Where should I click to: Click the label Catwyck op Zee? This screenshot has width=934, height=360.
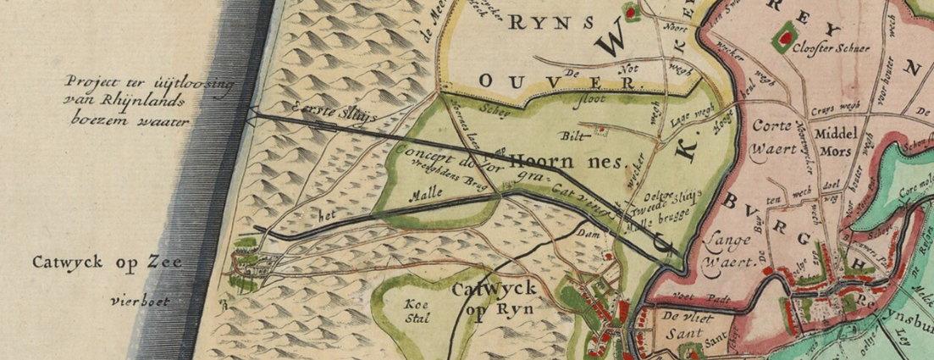[x=107, y=263]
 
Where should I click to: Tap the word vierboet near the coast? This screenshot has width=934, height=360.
[x=140, y=301]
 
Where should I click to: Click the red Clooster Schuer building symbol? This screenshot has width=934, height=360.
[x=784, y=36]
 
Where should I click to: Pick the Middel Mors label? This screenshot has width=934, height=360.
[x=836, y=143]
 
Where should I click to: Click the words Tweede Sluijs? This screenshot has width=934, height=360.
[x=669, y=200]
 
